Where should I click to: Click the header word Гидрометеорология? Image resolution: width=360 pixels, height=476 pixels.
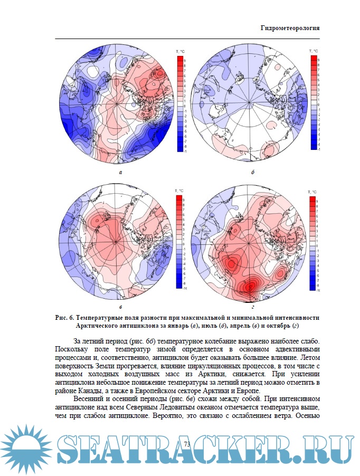(290, 27)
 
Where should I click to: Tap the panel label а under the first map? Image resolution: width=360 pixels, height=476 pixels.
(121, 172)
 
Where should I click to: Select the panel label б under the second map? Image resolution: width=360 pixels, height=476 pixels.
(253, 172)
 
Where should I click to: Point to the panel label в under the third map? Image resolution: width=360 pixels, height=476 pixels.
(121, 306)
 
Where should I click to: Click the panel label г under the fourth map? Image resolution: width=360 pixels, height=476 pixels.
(253, 306)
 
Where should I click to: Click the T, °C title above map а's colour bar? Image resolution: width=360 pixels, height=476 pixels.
(179, 51)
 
